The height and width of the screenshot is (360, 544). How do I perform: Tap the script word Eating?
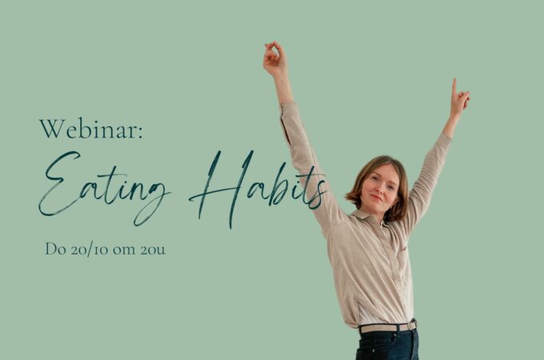pos(104,187)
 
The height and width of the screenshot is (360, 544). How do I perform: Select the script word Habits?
pos(258,189)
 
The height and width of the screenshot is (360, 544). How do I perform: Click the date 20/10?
pos(90,250)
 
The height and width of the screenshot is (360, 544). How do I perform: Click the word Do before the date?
pos(55,249)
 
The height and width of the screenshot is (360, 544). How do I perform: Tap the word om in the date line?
pos(124,250)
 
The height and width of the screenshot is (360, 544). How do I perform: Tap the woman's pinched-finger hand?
pos(275,58)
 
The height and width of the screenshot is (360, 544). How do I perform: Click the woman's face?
pos(379,187)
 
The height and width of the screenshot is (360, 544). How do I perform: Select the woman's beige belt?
pos(387,327)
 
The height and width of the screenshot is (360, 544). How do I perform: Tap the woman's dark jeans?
pos(387,344)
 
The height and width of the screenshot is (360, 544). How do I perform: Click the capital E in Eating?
pos(60,183)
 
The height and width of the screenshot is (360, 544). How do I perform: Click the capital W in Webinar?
pos(52,129)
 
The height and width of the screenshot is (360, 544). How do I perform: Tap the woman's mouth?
pos(376,198)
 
